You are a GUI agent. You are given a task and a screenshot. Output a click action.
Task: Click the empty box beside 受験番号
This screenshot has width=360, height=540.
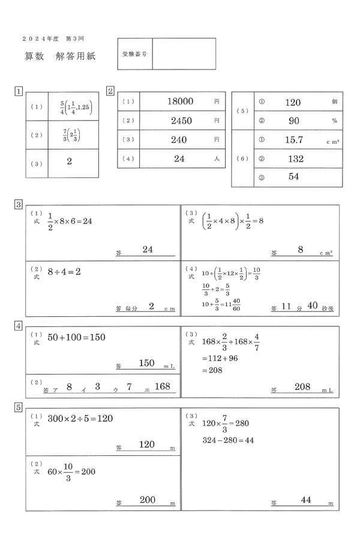tap(184, 53)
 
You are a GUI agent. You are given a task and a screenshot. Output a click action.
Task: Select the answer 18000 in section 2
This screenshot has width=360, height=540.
tap(181, 102)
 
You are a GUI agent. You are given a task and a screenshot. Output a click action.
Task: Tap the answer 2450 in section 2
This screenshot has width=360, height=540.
tap(181, 121)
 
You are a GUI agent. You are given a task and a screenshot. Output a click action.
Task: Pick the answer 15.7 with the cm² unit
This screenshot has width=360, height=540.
tap(294, 140)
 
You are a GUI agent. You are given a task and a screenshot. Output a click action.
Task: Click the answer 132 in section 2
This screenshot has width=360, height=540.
tap(295, 159)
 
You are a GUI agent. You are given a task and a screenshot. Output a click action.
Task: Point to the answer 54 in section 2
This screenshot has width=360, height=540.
tap(294, 176)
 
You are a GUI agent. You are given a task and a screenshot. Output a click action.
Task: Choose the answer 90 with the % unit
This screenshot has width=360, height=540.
tap(294, 121)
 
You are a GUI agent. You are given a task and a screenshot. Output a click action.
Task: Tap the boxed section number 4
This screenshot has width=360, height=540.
tap(19, 326)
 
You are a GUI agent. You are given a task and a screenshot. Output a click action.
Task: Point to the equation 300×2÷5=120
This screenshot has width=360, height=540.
tap(80, 418)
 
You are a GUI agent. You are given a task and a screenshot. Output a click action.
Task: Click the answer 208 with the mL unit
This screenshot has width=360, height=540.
tap(302, 387)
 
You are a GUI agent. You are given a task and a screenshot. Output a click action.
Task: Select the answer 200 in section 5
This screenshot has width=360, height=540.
tap(147, 500)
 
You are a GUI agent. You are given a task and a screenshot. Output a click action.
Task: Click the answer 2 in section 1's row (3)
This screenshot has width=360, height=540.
tap(70, 161)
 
